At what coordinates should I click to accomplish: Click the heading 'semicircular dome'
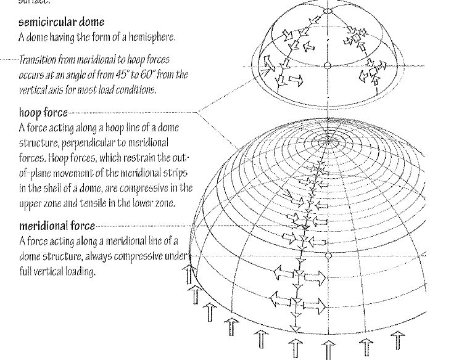point(61,22)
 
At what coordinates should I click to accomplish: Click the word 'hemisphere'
point(156,37)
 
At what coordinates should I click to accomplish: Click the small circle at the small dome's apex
point(328,10)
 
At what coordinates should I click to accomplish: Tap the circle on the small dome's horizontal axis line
point(328,65)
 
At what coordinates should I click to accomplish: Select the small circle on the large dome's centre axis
point(328,254)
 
